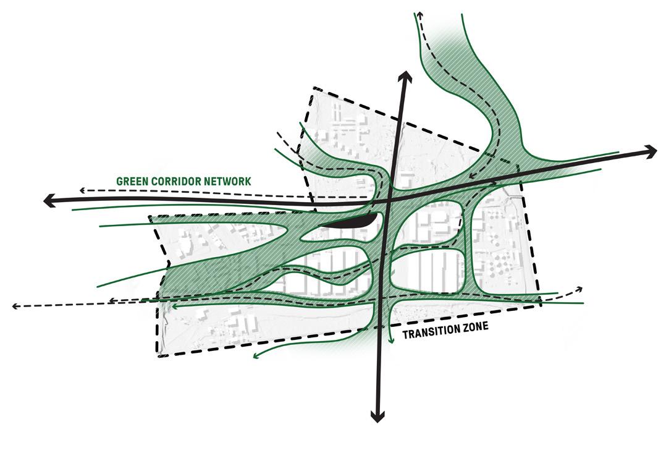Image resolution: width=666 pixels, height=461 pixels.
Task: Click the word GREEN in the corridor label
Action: coord(132,182)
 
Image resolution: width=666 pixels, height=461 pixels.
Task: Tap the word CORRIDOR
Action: coord(179,182)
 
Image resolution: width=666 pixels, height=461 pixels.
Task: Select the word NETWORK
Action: coord(228,182)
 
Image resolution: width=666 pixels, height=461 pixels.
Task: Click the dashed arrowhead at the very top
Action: coord(419,14)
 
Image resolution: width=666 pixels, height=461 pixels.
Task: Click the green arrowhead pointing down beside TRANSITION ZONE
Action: coord(392,339)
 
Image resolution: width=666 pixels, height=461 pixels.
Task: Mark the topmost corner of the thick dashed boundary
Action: coord(313,88)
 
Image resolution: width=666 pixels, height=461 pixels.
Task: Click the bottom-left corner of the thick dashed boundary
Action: coord(159,357)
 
